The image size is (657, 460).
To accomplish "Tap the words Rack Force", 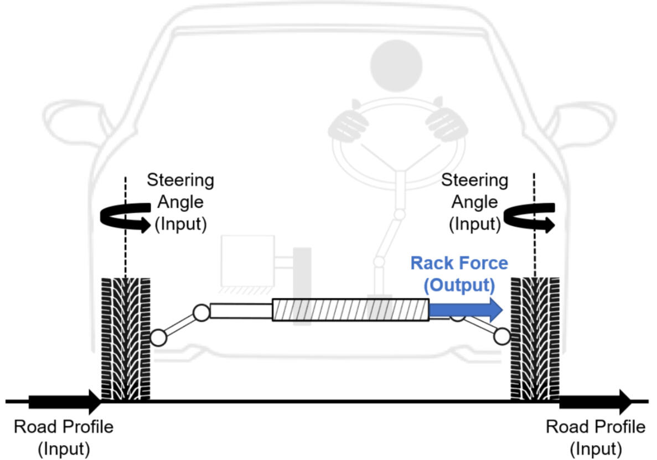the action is coord(459,263).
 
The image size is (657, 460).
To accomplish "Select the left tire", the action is coord(126,339).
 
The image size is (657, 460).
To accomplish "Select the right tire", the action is coord(535,339).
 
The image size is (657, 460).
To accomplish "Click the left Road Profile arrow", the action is coord(65,401).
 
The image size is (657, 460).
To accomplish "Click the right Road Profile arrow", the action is coord(596,401).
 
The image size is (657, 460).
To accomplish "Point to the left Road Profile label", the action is coord(64,438).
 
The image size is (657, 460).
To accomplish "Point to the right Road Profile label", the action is coord(596,438).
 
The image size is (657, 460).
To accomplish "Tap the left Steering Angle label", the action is coord(180,202).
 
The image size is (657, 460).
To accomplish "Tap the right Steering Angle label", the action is coord(475,202).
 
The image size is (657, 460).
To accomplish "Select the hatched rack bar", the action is coord(350,310).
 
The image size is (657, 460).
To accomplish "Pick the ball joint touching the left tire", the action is coord(158,338).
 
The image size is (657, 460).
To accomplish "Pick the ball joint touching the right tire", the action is coord(502,336).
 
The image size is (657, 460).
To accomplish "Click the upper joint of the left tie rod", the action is coord(201,313).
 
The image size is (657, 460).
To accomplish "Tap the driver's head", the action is coord(396,66).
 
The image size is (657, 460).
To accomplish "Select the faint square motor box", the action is coord(247,261).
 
